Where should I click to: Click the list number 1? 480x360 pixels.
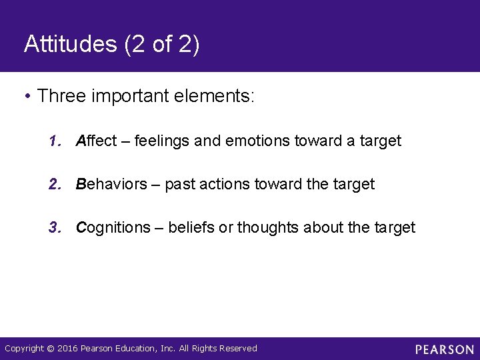tap(54, 141)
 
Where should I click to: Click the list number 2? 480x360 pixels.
tap(54, 184)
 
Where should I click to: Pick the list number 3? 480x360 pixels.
tap(54, 227)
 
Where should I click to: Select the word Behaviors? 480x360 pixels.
tap(111, 184)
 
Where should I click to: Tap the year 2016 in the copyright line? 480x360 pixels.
tap(69, 349)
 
